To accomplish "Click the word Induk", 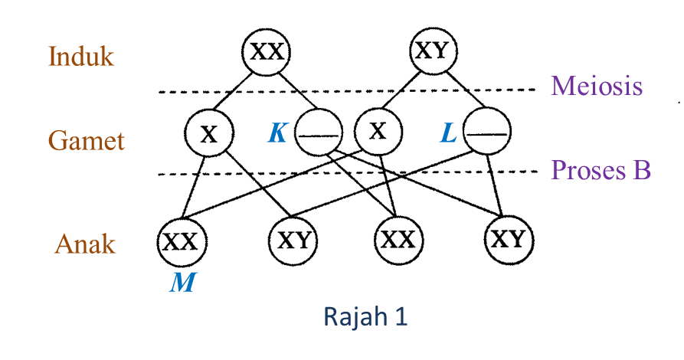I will [81, 56].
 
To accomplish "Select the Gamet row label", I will [87, 140].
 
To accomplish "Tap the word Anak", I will [85, 244].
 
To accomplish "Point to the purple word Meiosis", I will [596, 86].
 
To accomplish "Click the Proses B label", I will [601, 169].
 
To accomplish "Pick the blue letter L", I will [448, 134].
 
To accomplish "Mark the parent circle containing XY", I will [434, 51].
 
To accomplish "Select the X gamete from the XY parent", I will [377, 132].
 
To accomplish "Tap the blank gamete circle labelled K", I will [319, 134].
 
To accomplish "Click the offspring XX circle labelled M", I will [181, 242].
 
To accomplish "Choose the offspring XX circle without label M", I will [398, 240].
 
